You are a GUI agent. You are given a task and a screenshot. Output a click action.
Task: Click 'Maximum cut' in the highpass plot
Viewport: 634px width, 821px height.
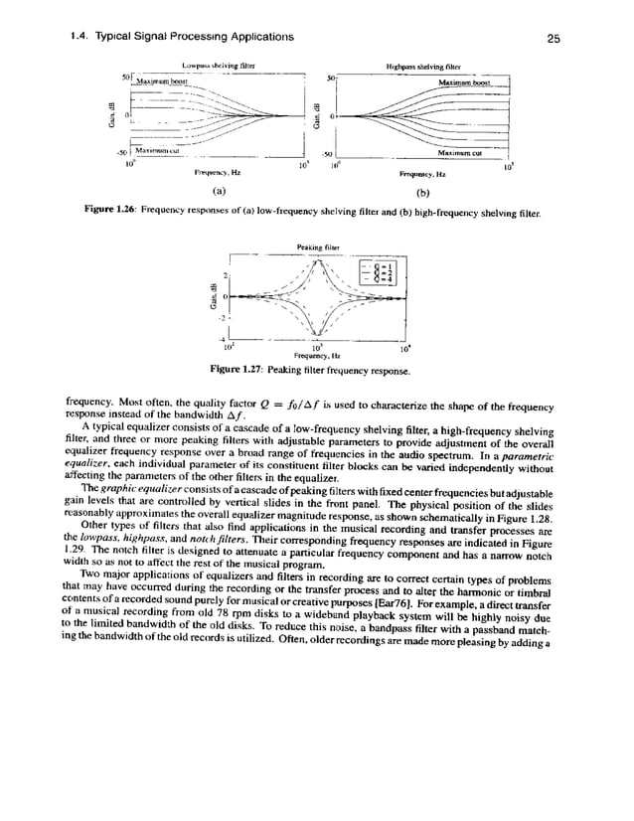pos(461,153)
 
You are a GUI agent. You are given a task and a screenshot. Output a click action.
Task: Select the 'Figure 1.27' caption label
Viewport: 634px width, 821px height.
pos(260,371)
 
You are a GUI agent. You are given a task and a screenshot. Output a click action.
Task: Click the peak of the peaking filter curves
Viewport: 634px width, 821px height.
pos(316,260)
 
